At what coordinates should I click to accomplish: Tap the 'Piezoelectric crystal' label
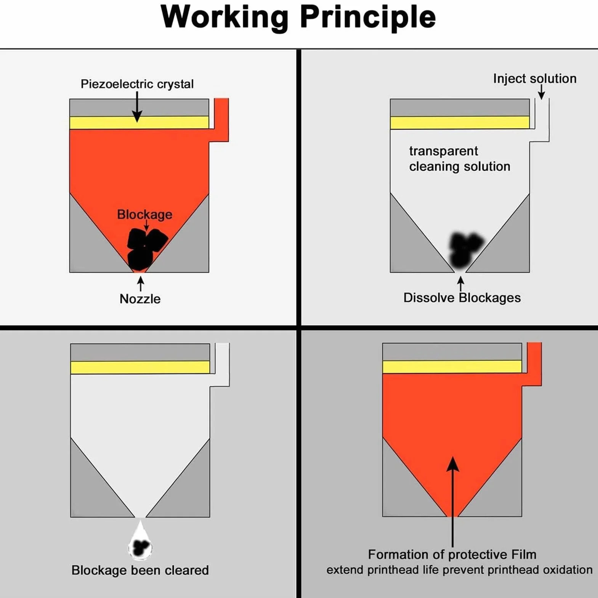[137, 84]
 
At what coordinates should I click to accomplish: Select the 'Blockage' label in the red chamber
[144, 215]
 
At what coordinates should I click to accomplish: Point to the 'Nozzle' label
[140, 299]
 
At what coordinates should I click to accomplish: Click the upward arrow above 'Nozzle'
[141, 284]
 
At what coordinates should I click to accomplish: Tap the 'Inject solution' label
[535, 79]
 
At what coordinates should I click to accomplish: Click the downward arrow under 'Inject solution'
[541, 92]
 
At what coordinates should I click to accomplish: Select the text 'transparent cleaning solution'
[460, 159]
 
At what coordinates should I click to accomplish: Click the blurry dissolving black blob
[465, 250]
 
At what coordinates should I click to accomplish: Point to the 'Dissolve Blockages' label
[462, 298]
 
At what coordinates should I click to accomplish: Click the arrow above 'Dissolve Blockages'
[461, 284]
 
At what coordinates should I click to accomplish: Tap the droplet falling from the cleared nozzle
[140, 542]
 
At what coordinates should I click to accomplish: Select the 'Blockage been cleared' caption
[140, 570]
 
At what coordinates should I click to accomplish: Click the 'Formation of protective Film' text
[452, 554]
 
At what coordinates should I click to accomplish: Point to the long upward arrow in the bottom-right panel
[452, 502]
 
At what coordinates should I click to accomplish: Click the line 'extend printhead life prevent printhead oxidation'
[459, 570]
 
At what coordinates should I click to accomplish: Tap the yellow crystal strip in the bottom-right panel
[452, 367]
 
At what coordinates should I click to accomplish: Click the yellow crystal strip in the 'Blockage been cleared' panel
[140, 367]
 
